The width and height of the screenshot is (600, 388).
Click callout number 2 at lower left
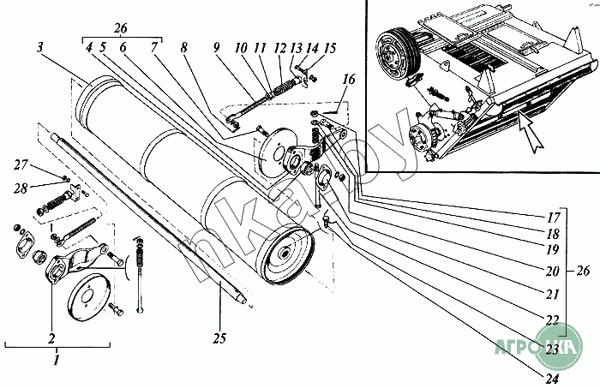coord(52,337)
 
